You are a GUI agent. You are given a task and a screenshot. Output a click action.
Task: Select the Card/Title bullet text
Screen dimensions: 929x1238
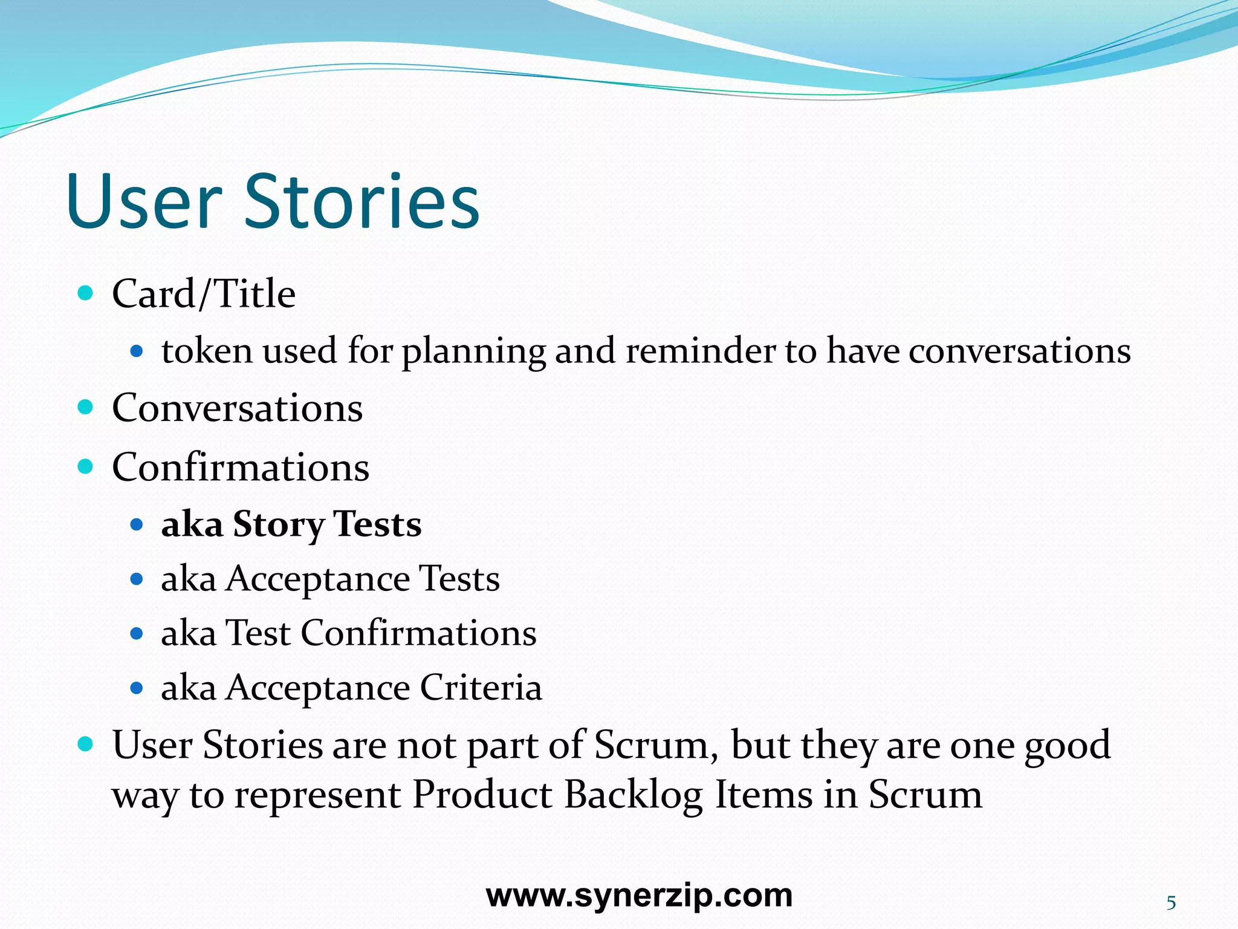(x=204, y=294)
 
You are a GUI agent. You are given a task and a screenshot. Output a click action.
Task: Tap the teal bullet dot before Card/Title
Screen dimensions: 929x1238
(x=86, y=293)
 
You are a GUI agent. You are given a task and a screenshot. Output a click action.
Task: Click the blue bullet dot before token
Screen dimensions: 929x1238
(x=137, y=351)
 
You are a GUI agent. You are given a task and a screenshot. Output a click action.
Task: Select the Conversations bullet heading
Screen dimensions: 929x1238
(x=237, y=408)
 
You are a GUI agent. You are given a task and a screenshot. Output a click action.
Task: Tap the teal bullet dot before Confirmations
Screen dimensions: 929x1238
(x=86, y=466)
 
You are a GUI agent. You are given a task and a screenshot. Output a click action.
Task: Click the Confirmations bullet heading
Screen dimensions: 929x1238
(x=241, y=468)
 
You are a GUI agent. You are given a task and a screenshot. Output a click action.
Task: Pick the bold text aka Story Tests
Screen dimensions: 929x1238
(x=291, y=524)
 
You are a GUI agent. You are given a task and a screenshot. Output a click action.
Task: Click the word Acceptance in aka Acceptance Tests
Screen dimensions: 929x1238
(x=318, y=579)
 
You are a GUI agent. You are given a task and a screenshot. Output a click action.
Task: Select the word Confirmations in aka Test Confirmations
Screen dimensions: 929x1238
(x=418, y=633)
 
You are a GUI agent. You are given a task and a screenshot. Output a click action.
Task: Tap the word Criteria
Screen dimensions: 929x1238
(x=481, y=688)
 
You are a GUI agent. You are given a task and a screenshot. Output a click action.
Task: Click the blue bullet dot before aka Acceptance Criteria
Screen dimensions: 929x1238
(x=137, y=688)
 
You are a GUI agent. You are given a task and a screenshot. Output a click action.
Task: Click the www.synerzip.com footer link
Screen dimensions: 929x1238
(x=639, y=896)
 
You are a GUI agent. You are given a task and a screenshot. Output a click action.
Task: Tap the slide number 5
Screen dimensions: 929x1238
(x=1171, y=903)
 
